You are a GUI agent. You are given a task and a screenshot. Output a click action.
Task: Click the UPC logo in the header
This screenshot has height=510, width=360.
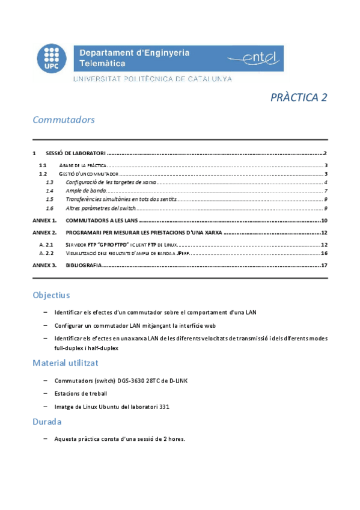point(52,59)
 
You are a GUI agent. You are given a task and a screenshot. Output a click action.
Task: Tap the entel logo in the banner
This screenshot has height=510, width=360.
point(254,58)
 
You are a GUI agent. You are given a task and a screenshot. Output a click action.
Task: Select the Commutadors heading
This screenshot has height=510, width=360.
point(64,120)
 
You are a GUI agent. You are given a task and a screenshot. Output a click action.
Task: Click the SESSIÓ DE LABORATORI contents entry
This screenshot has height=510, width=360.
point(76,154)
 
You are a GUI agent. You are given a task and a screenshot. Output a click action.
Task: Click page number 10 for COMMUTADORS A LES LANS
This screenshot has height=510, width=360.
point(324,221)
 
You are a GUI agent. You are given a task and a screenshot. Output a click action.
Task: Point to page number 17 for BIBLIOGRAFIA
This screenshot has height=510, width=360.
point(324,265)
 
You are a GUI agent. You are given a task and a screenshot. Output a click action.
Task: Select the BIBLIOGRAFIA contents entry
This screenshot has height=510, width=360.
point(84,265)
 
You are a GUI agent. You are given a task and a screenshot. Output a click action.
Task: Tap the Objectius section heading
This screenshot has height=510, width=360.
point(52,295)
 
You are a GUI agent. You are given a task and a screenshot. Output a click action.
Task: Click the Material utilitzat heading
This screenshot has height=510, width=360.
point(66,363)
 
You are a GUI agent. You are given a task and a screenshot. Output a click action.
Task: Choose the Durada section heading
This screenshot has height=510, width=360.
point(48,422)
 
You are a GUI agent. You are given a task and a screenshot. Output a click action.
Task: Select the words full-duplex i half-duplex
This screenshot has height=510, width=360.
point(87,348)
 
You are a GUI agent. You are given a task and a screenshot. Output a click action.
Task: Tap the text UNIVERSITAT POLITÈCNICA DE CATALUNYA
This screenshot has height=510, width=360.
point(153,79)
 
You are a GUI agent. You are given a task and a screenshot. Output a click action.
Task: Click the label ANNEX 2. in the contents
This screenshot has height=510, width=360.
point(44,232)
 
